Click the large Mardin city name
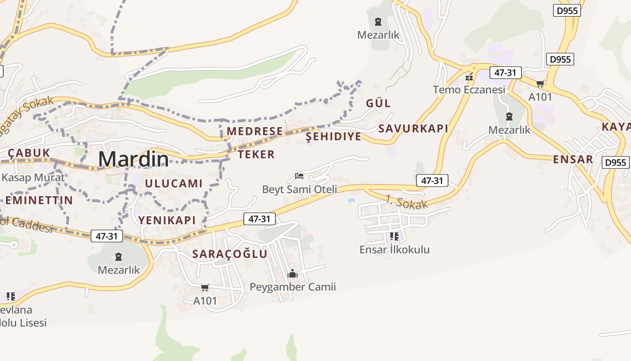133,159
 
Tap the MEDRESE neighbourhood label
255,131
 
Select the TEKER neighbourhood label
256,154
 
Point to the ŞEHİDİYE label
334,137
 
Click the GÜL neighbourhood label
378,103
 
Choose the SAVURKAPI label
413,129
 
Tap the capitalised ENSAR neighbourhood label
573,159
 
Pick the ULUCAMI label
174,183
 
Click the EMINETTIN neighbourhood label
39,200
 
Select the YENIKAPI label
167,220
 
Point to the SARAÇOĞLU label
230,254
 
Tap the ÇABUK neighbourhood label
29,153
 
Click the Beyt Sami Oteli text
300,189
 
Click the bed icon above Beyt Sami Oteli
299,176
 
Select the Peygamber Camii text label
293,287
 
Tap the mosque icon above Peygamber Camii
293,274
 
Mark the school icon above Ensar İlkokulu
394,236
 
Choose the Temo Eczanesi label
469,90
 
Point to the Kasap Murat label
33,177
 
